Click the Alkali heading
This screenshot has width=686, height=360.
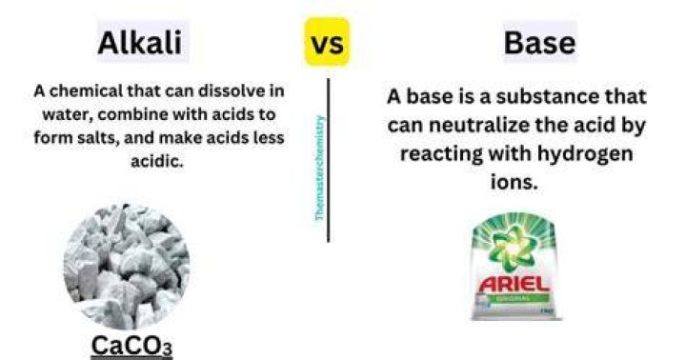tap(139, 43)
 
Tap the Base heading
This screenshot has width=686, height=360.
tap(539, 43)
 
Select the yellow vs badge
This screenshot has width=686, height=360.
tap(327, 42)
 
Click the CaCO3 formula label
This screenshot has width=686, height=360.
tap(131, 347)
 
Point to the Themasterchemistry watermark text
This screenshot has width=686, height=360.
tap(320, 168)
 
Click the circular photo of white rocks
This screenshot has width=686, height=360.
tap(127, 267)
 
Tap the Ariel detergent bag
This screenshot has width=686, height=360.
tap(514, 266)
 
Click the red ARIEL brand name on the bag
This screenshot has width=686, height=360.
tap(514, 285)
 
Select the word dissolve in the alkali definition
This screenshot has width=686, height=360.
tap(226, 91)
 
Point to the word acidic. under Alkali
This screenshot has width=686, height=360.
tap(157, 161)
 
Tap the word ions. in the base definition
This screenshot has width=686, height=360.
tap(514, 182)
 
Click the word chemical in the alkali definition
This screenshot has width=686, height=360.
tap(86, 91)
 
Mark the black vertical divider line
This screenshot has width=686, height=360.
tap(328, 160)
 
